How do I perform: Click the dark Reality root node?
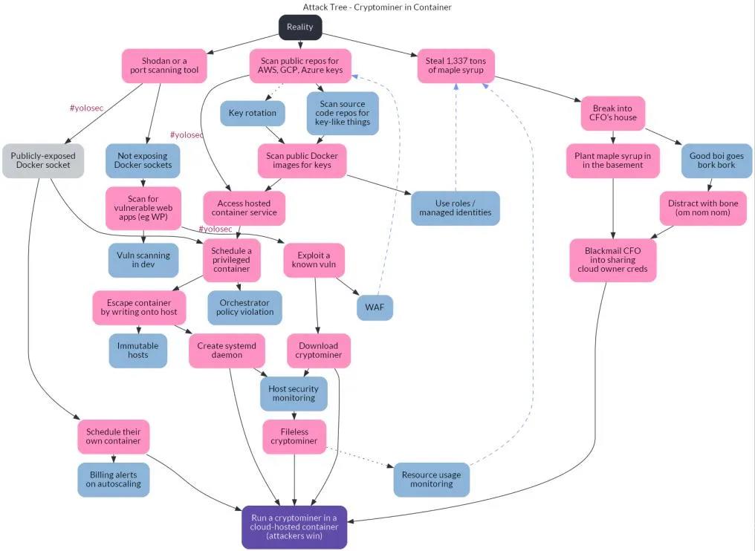[300, 27]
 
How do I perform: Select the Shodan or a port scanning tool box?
[164, 65]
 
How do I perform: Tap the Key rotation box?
[253, 113]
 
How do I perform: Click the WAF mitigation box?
[375, 307]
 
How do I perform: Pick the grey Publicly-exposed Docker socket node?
[41, 160]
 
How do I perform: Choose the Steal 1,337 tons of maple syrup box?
[456, 65]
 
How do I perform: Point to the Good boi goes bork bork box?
[716, 160]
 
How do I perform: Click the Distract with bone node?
[703, 208]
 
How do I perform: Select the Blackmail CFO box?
[613, 260]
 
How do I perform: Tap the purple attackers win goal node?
[294, 527]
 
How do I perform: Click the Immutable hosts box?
[138, 351]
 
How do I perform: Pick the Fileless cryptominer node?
[294, 437]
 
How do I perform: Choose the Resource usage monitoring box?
[431, 480]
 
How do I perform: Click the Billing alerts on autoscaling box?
[113, 480]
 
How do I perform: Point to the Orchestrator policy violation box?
[245, 307]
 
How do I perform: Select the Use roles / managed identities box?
[456, 208]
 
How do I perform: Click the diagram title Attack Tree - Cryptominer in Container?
[377, 7]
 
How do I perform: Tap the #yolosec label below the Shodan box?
[86, 108]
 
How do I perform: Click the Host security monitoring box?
[294, 394]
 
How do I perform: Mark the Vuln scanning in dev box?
[143, 260]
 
